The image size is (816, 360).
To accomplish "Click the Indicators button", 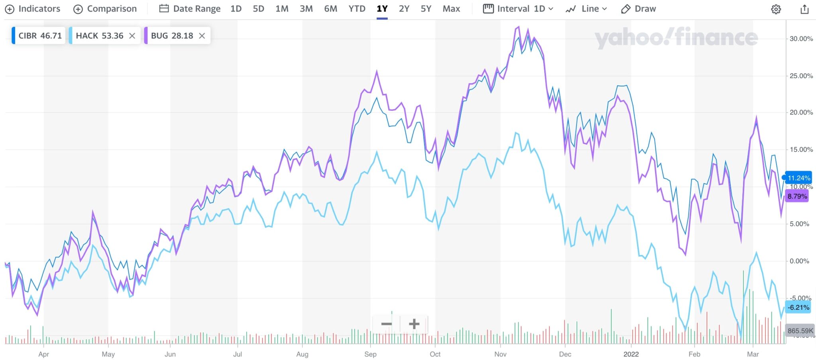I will [33, 9].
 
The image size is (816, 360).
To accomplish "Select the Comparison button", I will [105, 9].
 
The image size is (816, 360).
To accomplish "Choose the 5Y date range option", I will [426, 9].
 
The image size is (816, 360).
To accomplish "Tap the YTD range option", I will [357, 9].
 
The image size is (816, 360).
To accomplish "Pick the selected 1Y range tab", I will [382, 9].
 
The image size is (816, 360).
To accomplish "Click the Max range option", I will [451, 9].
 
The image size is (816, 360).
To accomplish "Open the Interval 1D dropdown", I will [518, 9].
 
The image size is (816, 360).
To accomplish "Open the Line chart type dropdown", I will [586, 9].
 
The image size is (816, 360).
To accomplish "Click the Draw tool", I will [638, 9].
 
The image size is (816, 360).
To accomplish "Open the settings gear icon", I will [776, 9].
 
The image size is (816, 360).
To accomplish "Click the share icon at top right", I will [804, 9].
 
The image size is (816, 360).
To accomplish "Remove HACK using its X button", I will [132, 36].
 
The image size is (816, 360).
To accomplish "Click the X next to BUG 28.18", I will [202, 36].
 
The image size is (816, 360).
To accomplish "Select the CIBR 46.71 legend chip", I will [39, 36].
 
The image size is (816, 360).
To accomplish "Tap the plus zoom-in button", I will [414, 324].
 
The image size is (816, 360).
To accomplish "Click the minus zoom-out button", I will [386, 324].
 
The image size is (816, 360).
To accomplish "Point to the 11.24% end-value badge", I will [798, 178].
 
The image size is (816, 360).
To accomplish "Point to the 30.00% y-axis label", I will [801, 39].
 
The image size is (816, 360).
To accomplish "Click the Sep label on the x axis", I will [370, 354].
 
